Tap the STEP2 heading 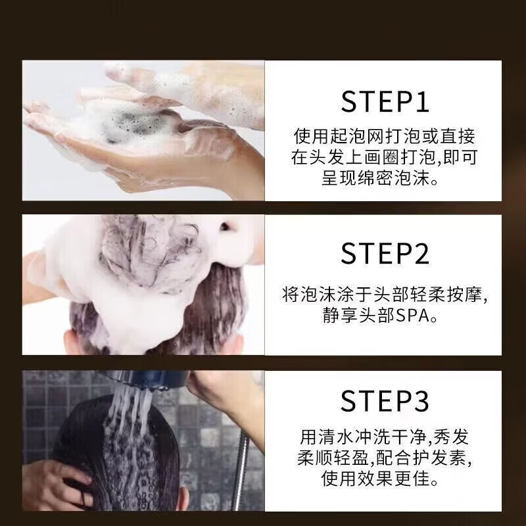(x=385, y=253)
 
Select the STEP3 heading (x=385, y=402)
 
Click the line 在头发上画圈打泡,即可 (x=385, y=158)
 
